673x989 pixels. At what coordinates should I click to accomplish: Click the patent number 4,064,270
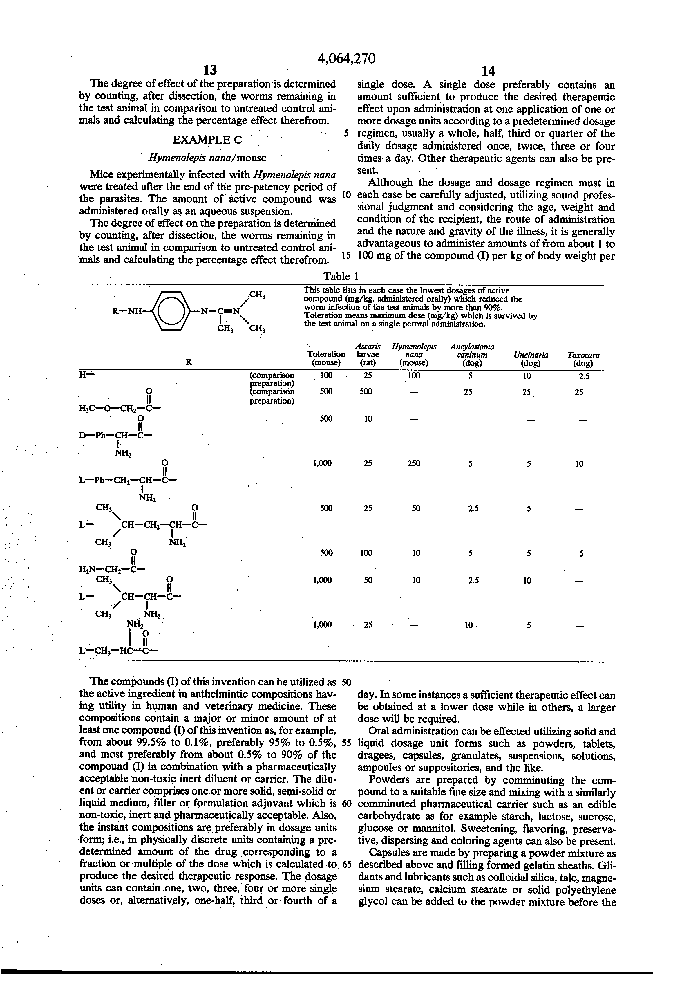click(x=347, y=58)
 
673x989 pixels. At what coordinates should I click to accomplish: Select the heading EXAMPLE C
click(x=207, y=140)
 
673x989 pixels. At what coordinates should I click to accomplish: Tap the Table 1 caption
click(x=340, y=276)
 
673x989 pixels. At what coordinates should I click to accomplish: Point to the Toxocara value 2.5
click(x=583, y=376)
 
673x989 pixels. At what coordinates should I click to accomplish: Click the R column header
click(x=189, y=362)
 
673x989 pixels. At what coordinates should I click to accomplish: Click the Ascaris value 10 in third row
click(x=368, y=419)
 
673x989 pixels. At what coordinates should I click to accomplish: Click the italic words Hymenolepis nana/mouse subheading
click(x=207, y=158)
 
